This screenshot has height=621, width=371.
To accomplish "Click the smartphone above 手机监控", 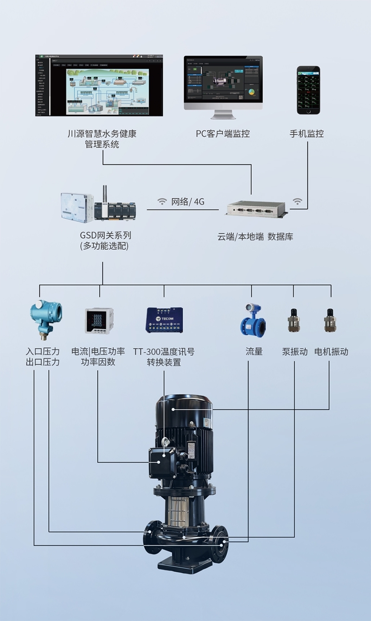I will [308, 90].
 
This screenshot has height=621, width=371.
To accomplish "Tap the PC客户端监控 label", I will [223, 134].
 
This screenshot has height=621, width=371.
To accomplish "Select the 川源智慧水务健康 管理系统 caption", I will [102, 139].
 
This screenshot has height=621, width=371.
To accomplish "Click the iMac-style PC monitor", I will [223, 83].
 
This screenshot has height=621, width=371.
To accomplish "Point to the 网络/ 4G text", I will [188, 202].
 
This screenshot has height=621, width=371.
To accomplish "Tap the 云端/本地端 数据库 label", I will [255, 237].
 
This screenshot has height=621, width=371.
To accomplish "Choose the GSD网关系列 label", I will [105, 235].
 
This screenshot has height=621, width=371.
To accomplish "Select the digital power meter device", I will [99, 320].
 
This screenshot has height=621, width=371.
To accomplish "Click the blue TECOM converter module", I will [164, 320].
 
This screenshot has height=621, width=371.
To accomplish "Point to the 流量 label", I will [254, 352].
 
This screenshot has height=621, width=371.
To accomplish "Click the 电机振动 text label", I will [331, 352].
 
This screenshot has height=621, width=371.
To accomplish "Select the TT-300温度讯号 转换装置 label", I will [164, 357].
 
